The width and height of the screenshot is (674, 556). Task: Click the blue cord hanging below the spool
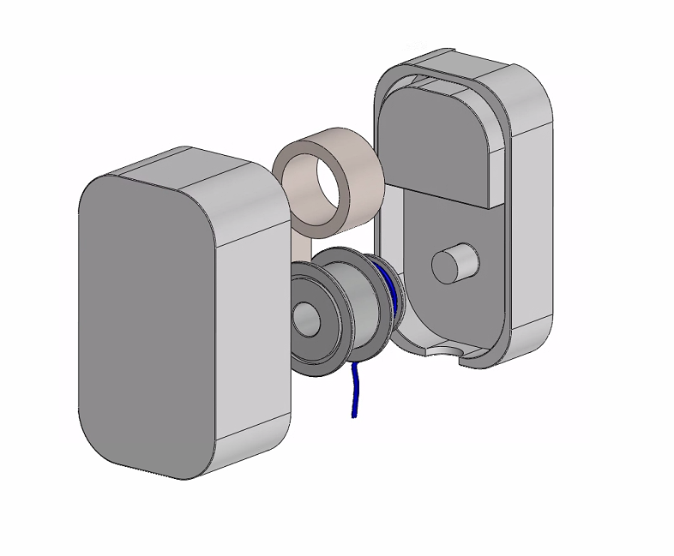coord(352,390)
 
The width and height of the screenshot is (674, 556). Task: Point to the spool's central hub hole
coord(305,320)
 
